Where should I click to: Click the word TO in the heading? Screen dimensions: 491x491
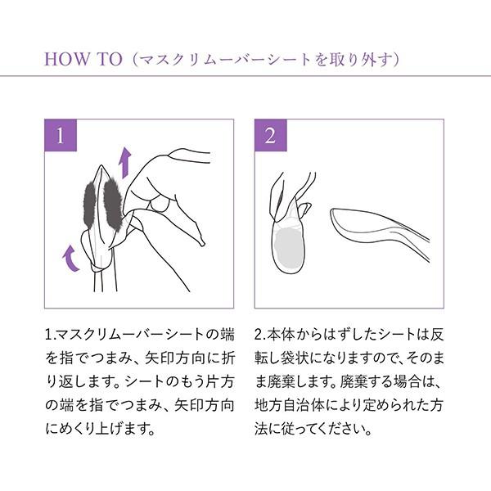pos(110,59)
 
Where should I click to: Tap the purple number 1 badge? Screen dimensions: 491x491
pos(61,135)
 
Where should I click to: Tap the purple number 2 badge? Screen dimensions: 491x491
pos(271,135)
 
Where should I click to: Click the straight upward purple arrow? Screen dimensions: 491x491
pos(125,163)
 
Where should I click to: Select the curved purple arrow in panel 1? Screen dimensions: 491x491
pos(70,259)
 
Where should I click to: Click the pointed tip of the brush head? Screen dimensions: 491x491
pos(101,165)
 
